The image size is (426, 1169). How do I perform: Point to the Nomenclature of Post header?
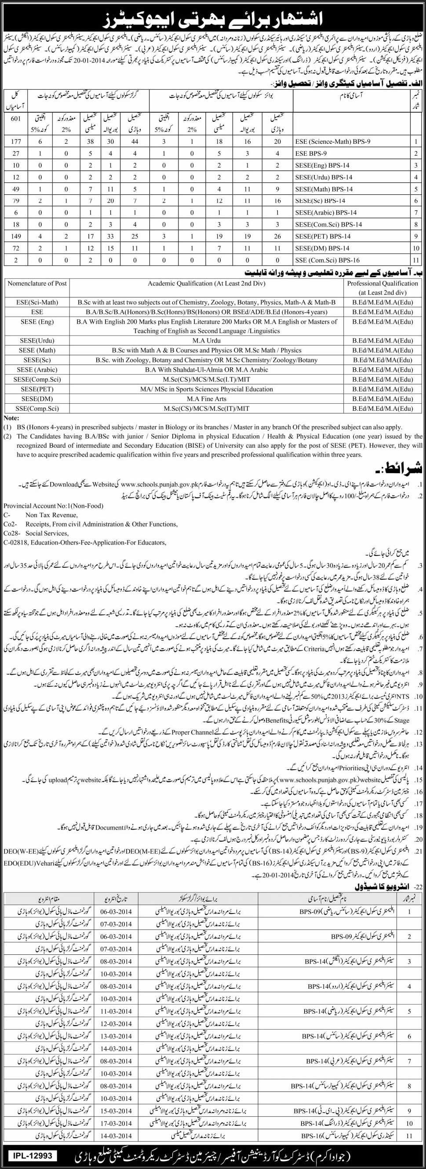(x=38, y=283)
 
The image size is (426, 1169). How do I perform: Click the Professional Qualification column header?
(x=382, y=287)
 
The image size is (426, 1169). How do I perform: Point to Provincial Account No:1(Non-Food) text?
(x=53, y=505)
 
